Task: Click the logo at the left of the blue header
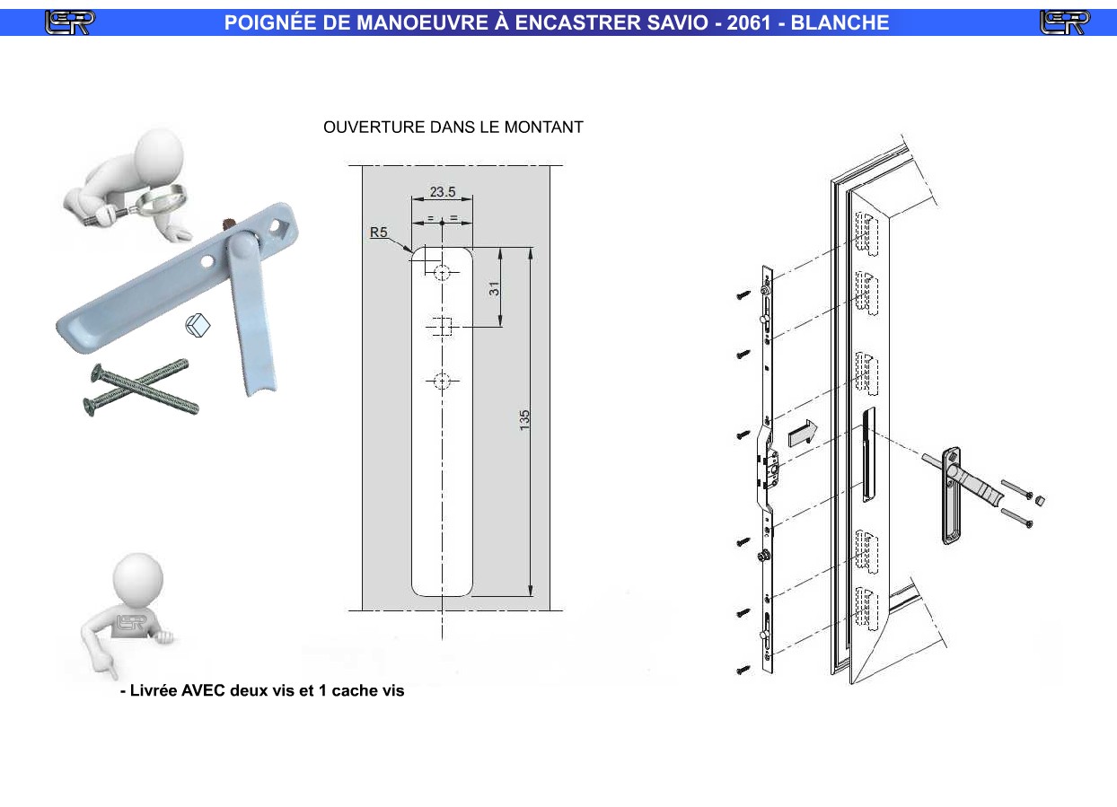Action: click(69, 22)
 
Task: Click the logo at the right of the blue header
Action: click(1065, 22)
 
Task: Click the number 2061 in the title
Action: click(749, 22)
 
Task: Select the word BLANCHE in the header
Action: click(840, 22)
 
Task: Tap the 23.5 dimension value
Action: click(443, 191)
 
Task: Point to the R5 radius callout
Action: click(378, 232)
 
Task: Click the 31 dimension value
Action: click(494, 289)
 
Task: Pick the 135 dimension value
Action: click(524, 420)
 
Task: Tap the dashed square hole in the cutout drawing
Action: click(442, 327)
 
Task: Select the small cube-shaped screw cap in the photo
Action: click(198, 325)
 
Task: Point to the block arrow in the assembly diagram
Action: click(803, 434)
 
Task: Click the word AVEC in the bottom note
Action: click(203, 690)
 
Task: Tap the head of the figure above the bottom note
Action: click(138, 578)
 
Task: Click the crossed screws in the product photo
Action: click(141, 387)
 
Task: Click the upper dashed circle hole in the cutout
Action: click(442, 272)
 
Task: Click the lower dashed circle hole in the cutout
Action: click(442, 382)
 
